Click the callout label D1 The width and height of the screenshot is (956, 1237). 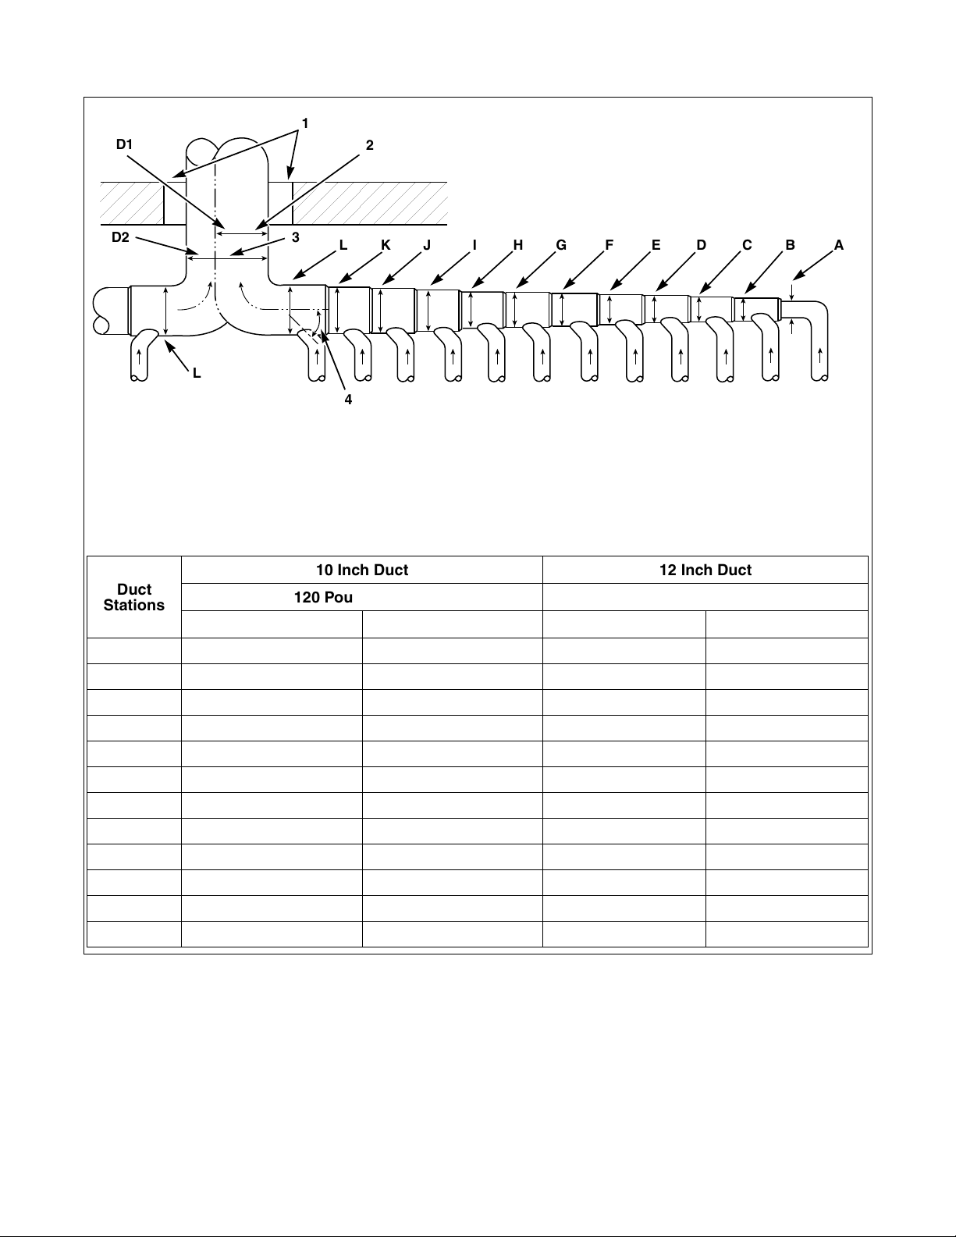[126, 144]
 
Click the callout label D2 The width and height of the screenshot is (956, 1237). [120, 238]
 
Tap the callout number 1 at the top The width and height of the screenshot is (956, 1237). [305, 123]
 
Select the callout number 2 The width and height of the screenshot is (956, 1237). [370, 145]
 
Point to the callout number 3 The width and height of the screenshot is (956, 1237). [296, 237]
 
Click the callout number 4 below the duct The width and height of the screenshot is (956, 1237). [349, 399]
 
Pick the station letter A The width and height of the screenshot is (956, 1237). [839, 245]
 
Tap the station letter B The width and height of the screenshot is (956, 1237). [791, 245]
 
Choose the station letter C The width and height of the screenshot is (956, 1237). [747, 245]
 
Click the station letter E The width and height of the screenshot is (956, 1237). [656, 245]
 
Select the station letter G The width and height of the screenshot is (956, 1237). [561, 245]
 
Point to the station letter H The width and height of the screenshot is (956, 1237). [517, 245]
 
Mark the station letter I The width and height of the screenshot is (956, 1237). [474, 245]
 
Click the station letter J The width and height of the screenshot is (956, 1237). [427, 245]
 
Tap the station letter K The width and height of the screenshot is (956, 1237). [386, 245]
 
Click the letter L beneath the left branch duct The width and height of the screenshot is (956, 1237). [197, 374]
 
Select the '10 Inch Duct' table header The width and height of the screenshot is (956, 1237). [361, 571]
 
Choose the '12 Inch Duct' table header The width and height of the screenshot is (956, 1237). [705, 571]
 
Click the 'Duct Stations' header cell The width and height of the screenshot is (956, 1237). [134, 597]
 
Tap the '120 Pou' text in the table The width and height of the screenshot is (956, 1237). [322, 598]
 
